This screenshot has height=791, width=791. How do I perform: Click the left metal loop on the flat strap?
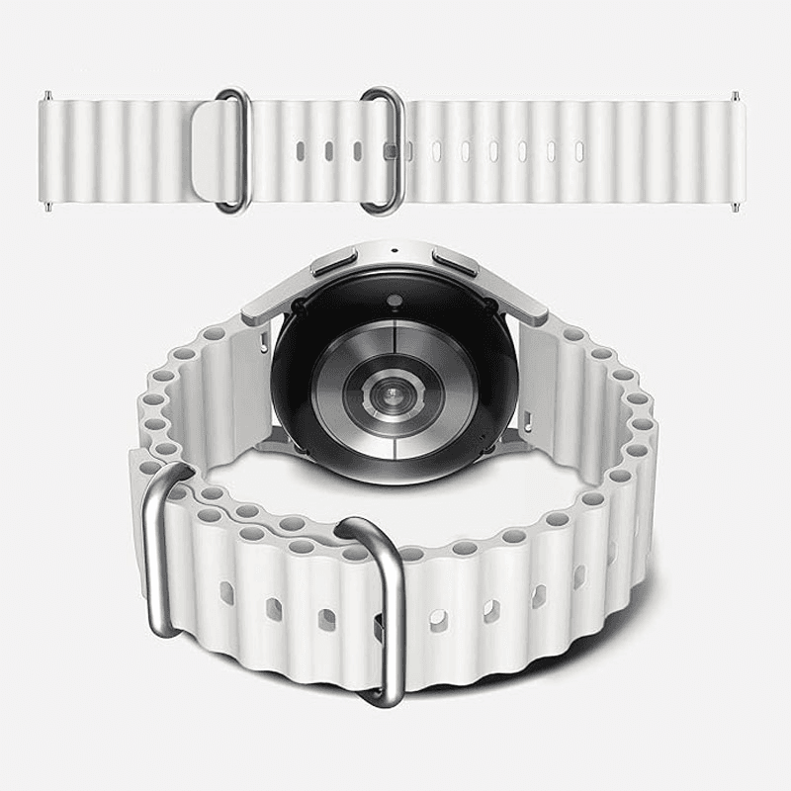(232, 150)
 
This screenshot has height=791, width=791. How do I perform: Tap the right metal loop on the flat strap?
(381, 150)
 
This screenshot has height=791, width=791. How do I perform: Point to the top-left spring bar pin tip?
(45, 96)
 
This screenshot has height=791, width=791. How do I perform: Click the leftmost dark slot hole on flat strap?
(297, 151)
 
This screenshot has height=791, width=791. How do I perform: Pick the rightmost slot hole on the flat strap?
(579, 150)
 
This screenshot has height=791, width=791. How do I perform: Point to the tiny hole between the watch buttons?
(395, 248)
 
